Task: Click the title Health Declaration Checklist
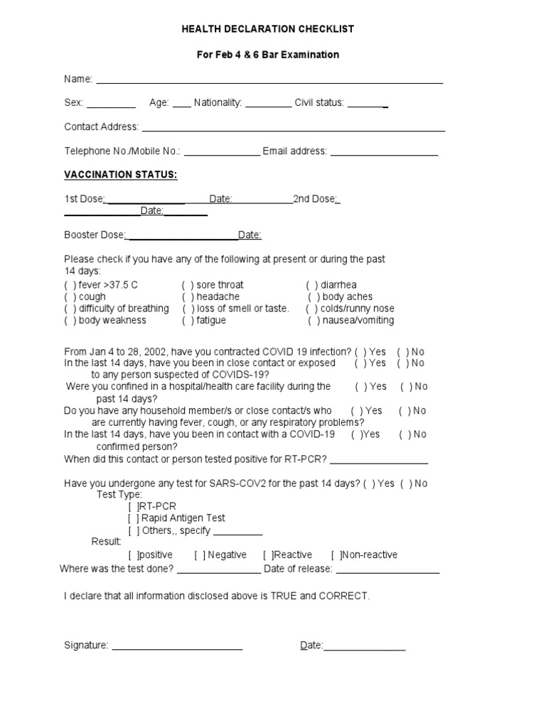(268, 29)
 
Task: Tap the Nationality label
(218, 103)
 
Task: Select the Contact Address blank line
(292, 129)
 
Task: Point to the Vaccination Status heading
(121, 175)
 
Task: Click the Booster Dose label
(95, 235)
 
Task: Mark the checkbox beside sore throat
(188, 285)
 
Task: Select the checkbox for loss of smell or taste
(188, 309)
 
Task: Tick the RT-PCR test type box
(134, 507)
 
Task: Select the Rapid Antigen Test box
(134, 519)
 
